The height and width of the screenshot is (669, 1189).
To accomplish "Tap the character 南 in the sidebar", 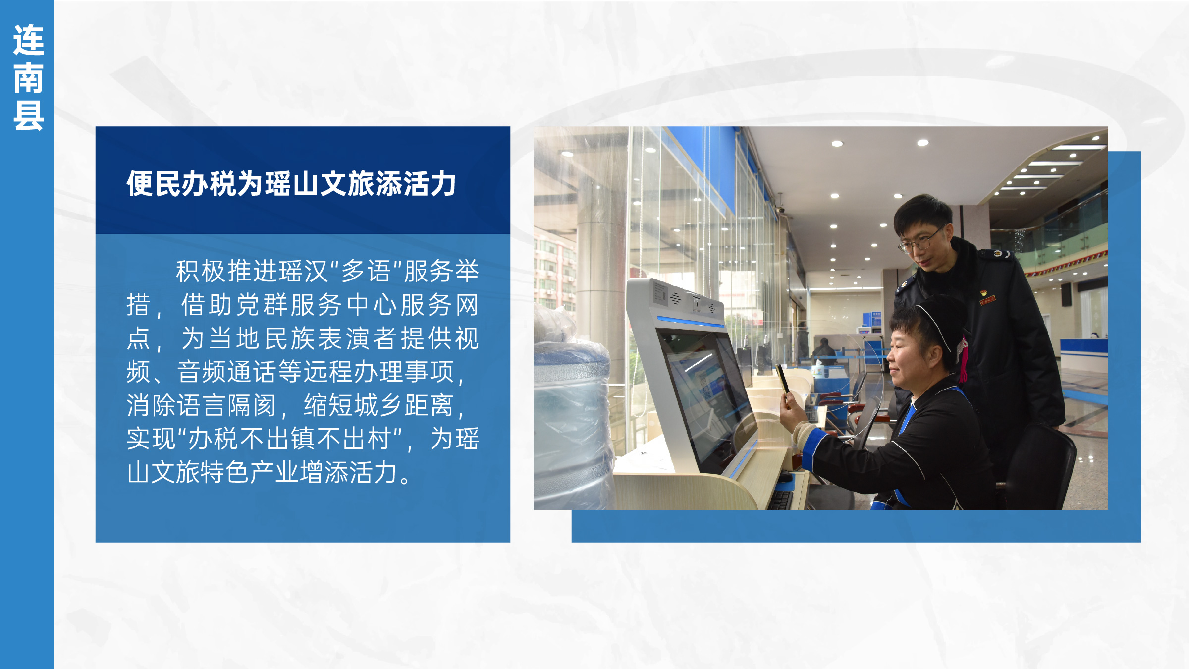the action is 28,78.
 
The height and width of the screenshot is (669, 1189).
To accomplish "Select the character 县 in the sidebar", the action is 28,115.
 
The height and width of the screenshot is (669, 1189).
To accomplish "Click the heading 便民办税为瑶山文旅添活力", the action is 291,184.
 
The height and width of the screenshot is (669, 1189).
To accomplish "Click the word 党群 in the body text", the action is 262,304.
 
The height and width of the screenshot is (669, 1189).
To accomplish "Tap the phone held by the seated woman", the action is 783,379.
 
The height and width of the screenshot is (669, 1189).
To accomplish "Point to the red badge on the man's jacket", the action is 987,300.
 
